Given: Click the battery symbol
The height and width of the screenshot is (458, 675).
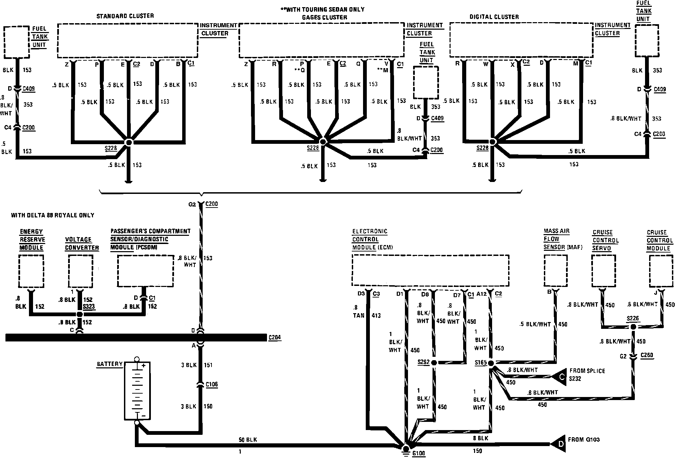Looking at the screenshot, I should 137,391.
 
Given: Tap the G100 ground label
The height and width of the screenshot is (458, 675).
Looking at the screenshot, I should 419,454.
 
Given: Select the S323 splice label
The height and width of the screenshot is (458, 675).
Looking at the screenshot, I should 89,306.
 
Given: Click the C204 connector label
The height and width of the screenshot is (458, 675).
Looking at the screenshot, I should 274,338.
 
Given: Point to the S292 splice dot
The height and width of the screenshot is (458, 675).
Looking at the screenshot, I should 434,363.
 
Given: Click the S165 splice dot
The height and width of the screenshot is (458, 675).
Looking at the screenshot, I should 491,364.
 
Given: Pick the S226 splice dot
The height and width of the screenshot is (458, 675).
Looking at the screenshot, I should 633,327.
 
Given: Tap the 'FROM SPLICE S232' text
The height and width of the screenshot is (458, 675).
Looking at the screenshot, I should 587,375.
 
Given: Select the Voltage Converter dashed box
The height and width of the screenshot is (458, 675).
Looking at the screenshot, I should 80,272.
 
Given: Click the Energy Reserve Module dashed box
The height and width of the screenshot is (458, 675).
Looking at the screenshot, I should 31,272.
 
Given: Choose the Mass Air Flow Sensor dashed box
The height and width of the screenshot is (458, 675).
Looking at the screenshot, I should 555,271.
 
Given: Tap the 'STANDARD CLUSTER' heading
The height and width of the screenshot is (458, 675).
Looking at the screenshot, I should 125,16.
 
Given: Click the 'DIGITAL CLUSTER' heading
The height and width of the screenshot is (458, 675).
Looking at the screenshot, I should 494,17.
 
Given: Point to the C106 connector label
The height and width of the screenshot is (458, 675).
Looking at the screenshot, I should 211,384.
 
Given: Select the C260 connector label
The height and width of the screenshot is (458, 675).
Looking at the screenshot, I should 647,355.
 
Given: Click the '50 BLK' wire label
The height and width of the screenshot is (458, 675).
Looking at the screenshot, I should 248,440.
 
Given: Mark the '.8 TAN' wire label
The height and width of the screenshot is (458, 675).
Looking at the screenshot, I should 359,312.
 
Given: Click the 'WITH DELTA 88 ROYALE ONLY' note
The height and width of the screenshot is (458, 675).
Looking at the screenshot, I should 52,215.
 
